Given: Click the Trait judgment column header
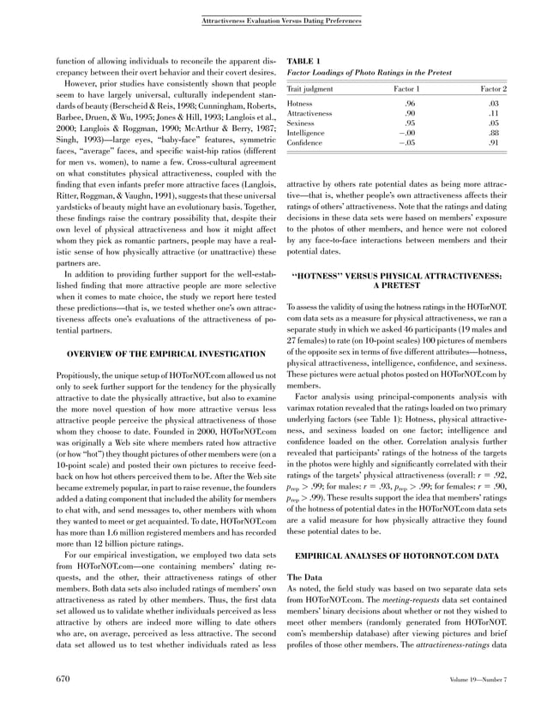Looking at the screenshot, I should [x=310, y=89].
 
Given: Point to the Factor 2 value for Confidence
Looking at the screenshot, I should [x=494, y=144].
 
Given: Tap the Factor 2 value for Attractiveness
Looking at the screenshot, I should [x=494, y=113].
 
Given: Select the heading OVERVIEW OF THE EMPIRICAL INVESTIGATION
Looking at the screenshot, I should [x=154, y=354].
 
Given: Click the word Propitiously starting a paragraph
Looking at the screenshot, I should [x=80, y=377].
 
